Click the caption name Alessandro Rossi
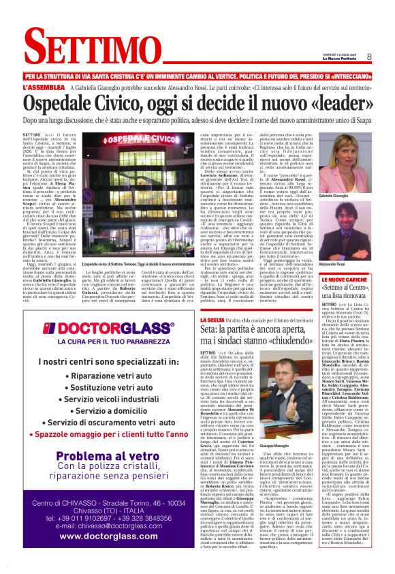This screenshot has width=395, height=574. [332, 263]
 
